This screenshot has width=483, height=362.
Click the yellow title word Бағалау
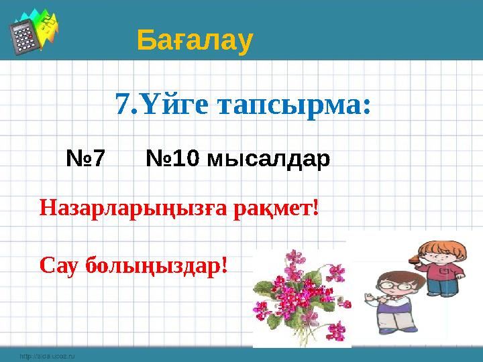tap(195, 41)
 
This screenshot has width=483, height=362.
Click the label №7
tap(86, 159)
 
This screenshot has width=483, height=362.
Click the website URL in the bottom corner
tap(46, 357)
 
